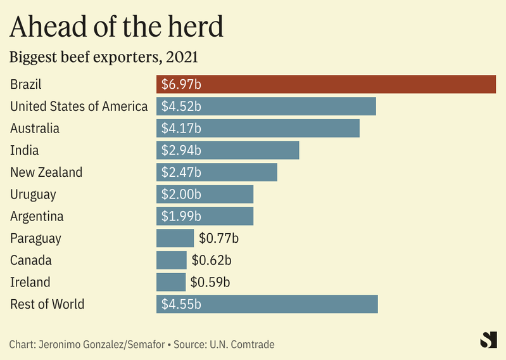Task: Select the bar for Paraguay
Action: point(175,238)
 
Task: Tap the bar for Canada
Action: point(172,260)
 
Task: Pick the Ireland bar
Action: point(171,282)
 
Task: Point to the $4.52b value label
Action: point(181,106)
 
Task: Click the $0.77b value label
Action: point(218,238)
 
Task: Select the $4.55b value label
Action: point(181,304)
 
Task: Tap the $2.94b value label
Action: point(181,150)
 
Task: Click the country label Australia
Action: point(35,128)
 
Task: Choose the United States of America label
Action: point(79,106)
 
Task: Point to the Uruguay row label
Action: point(33,194)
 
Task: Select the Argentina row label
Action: point(37,216)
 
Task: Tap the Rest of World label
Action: point(47,304)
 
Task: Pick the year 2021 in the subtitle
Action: point(181,57)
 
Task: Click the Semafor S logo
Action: point(488,340)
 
